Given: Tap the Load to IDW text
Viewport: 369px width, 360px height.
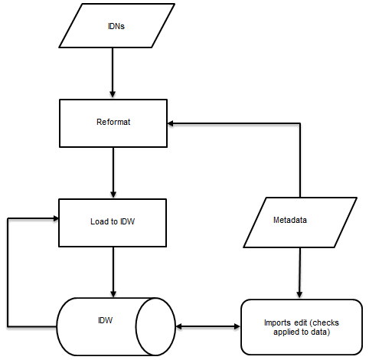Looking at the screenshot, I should [113, 222].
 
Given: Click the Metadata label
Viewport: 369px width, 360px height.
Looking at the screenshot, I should [290, 221].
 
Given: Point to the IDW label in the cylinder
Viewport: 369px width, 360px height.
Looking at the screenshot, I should [106, 319].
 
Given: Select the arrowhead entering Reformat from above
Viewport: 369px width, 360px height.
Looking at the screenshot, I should [113, 94].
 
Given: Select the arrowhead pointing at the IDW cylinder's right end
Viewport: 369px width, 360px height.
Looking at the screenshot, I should [178, 326].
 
